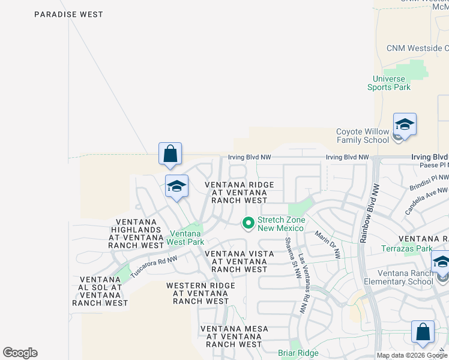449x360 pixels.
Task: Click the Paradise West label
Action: [x=68, y=14]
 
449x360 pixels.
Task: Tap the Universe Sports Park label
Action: [x=389, y=83]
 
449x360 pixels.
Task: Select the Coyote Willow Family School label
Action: [x=362, y=136]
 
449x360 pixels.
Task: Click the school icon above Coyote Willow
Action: [x=405, y=125]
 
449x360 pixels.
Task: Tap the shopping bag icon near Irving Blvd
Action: [x=170, y=154]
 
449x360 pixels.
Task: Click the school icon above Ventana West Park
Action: [x=176, y=187]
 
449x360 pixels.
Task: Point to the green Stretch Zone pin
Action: [x=248, y=224]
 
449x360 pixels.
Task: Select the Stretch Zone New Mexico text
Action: [x=282, y=224]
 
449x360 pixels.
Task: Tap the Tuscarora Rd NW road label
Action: [x=154, y=265]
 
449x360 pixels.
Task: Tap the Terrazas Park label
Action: [x=406, y=248]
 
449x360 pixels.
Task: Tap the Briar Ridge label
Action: [x=298, y=353]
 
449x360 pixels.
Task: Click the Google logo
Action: [x=20, y=353]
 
